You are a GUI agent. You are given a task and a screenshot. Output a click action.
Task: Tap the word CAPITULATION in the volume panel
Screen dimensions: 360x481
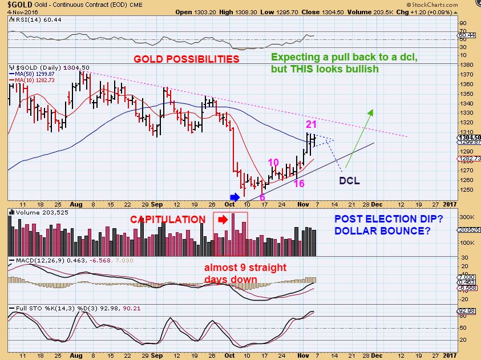(168, 220)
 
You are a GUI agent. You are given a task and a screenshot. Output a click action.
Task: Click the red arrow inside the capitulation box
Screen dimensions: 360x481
(224, 219)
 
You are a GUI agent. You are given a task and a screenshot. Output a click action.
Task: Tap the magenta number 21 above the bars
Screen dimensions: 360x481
(311, 124)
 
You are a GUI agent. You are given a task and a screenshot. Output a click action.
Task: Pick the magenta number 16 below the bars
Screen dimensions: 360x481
(299, 183)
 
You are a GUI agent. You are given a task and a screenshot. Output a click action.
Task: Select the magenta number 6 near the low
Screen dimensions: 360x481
(262, 197)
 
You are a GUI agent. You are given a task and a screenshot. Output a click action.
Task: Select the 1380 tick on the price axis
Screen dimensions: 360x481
(465, 64)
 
